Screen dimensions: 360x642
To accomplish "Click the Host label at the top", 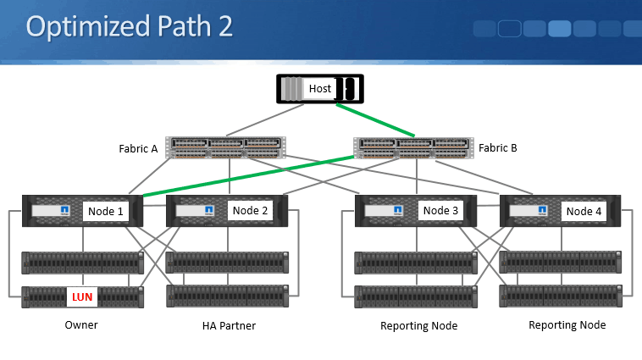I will click(320, 88).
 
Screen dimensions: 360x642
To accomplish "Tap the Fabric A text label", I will click(138, 149).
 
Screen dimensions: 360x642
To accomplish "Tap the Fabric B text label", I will click(497, 147).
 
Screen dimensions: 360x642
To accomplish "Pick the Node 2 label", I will click(250, 210).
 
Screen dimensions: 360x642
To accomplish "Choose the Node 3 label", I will click(440, 210).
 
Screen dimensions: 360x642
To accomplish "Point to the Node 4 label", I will click(585, 211).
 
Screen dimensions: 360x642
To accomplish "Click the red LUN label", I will click(82, 297).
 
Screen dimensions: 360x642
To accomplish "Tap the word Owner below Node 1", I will click(81, 325).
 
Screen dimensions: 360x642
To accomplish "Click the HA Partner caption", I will click(229, 325).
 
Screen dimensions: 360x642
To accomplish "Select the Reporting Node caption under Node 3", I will click(419, 326).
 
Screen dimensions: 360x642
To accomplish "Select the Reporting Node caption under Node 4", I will click(567, 325).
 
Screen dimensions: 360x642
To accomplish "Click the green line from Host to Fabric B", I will click(374, 120).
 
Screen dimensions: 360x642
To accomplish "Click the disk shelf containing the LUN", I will click(119, 297).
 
